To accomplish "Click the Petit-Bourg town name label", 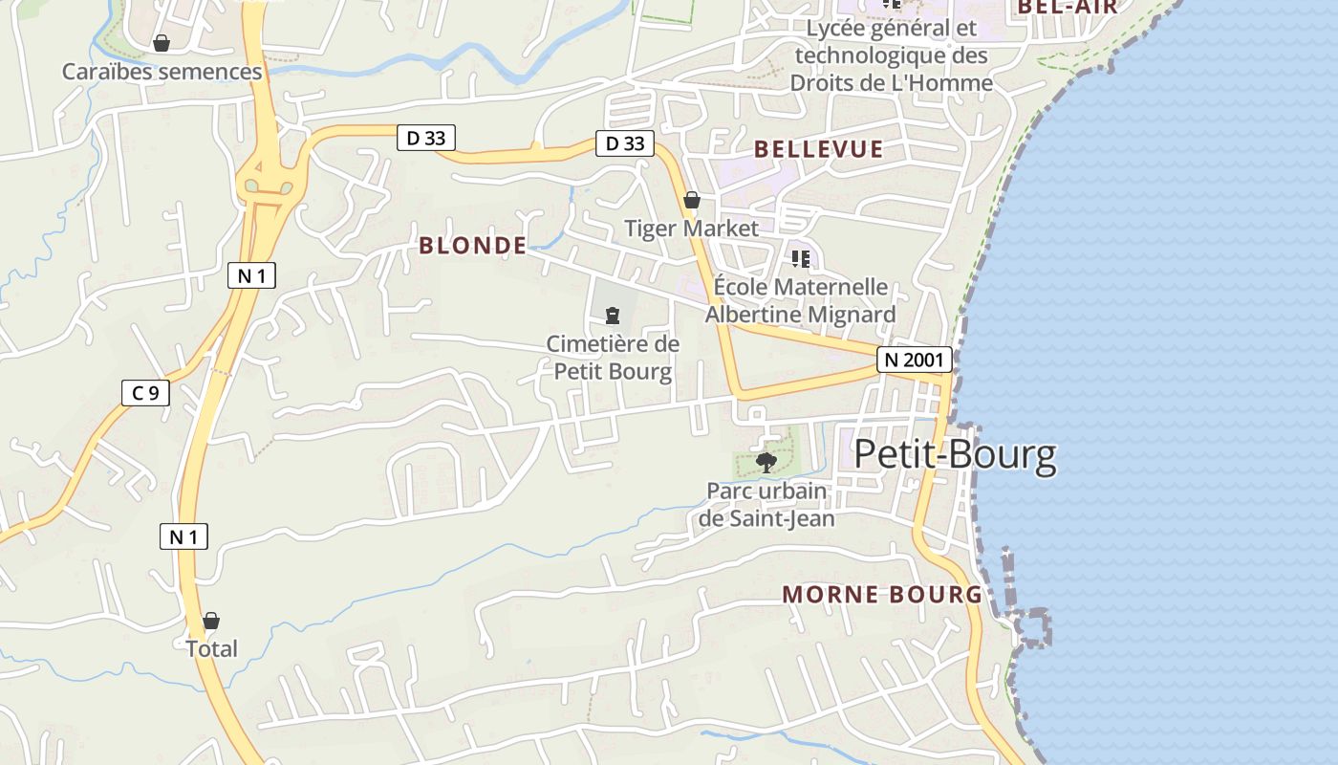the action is click(x=955, y=455).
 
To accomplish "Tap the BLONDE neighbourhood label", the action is click(x=472, y=246).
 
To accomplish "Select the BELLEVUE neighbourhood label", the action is click(x=818, y=149).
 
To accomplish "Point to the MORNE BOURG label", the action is click(x=882, y=594).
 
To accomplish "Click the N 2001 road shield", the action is click(x=915, y=360).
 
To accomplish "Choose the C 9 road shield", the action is click(x=145, y=392).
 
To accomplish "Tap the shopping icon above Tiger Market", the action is click(x=692, y=200).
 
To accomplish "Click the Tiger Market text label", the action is click(x=691, y=228).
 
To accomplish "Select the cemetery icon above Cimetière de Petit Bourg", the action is click(x=613, y=315).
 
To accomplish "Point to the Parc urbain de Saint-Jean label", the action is click(x=766, y=505).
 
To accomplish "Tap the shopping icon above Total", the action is click(x=211, y=621).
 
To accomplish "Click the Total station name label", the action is click(x=211, y=648).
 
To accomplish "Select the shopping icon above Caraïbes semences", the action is click(x=162, y=43).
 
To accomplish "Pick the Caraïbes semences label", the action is click(x=162, y=72).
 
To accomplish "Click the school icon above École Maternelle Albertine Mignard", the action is click(x=800, y=258).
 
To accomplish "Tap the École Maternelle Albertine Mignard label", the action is click(x=800, y=300).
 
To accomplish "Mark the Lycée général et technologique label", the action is click(x=891, y=55).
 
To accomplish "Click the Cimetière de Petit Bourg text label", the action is click(x=613, y=357).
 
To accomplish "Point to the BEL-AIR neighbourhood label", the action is click(x=1068, y=8).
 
